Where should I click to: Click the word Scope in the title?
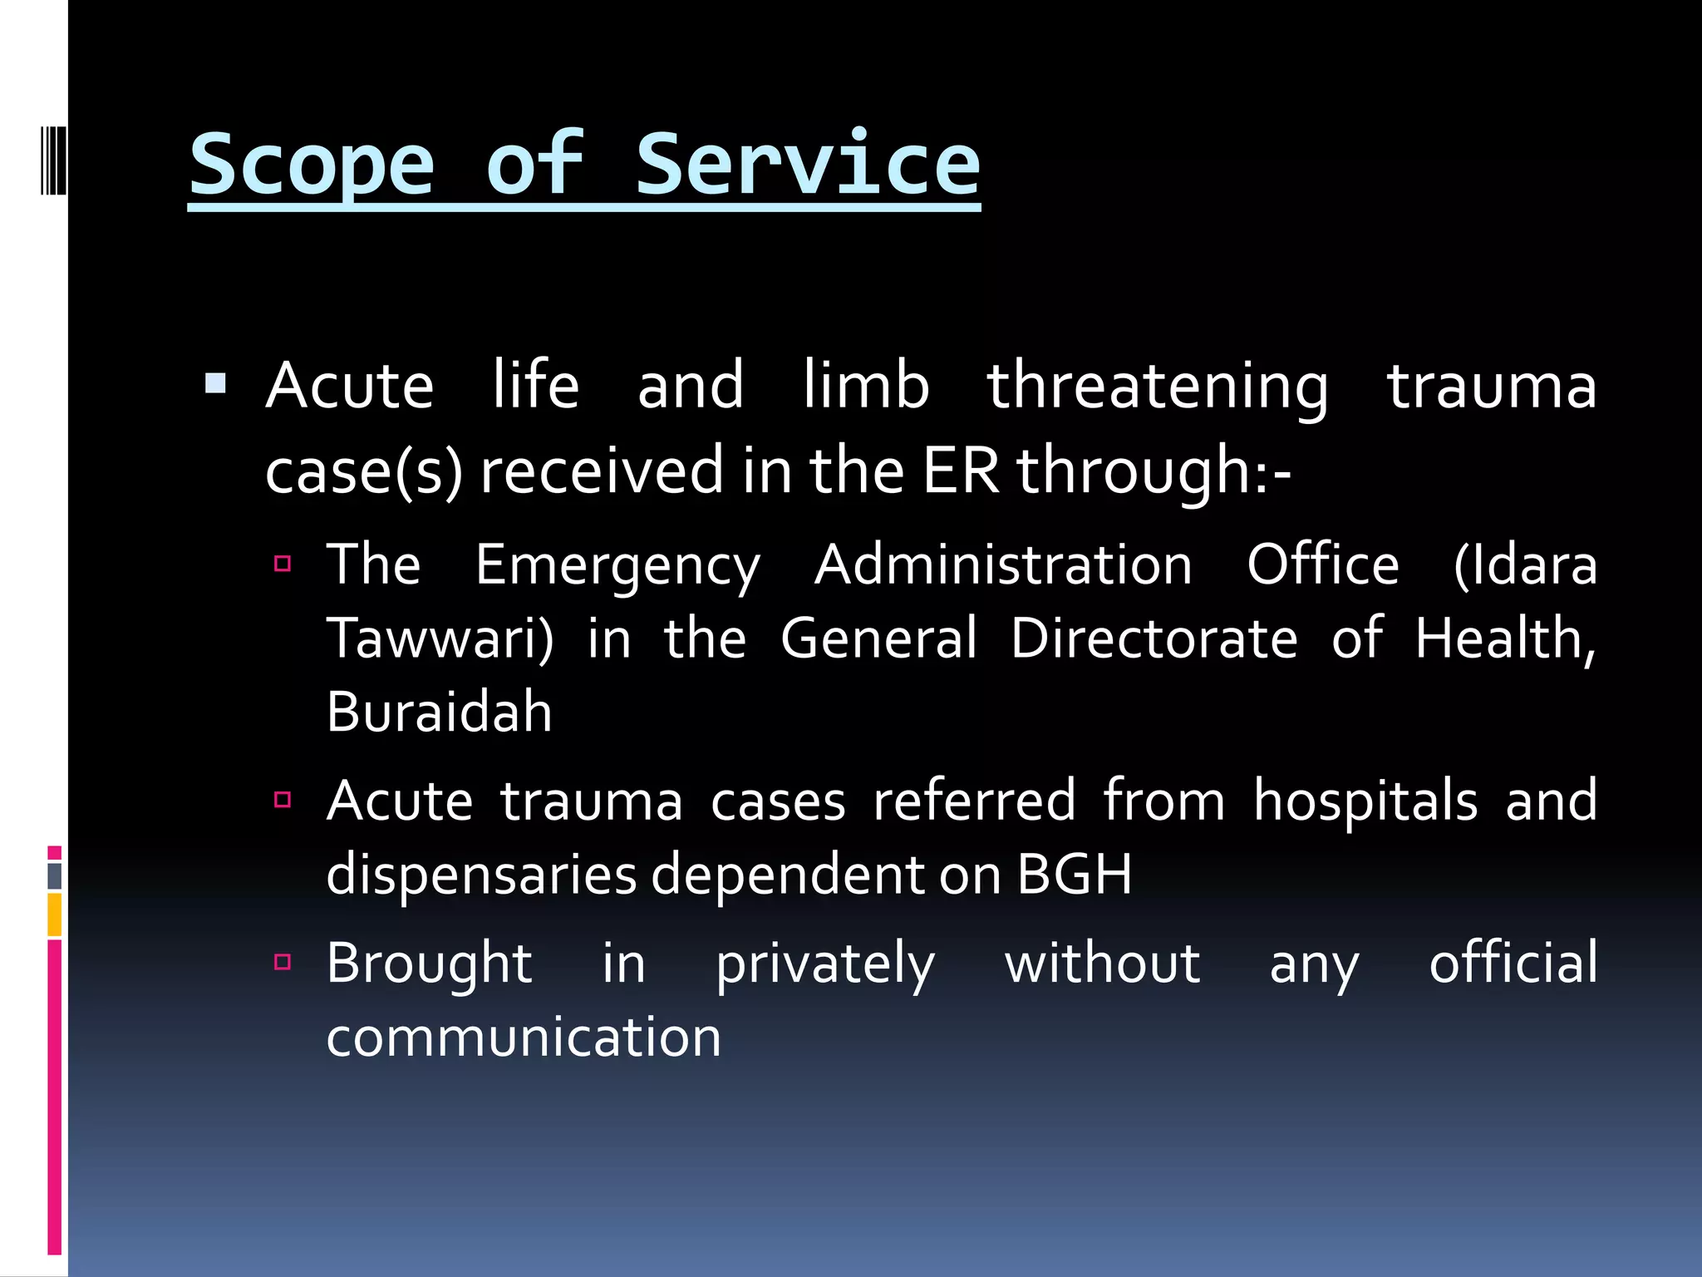[312, 166]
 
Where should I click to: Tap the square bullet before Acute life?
[215, 383]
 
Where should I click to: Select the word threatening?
[1157, 387]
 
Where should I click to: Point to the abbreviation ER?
[960, 471]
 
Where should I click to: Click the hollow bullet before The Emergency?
[283, 564]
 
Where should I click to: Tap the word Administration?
[1003, 565]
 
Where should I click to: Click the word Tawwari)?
[440, 639]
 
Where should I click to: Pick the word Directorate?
[1154, 639]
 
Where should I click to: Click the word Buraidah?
[439, 712]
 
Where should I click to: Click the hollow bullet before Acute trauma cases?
[283, 800]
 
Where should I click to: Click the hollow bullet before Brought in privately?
[283, 963]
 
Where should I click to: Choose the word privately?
[825, 965]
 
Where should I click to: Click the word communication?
[524, 1038]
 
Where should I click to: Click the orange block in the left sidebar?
[55, 915]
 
